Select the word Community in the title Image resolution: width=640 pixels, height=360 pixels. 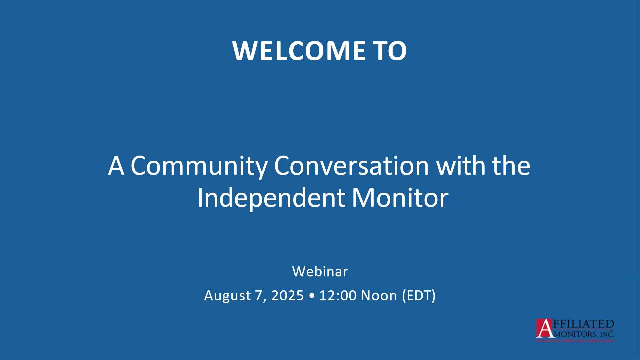[x=199, y=166]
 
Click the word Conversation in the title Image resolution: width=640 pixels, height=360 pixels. [x=351, y=166]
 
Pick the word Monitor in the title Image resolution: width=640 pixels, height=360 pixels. [x=400, y=198]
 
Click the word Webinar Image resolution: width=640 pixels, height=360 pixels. [x=320, y=272]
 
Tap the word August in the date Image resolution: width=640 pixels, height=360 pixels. [x=227, y=296]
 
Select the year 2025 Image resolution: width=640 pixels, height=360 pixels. [x=287, y=296]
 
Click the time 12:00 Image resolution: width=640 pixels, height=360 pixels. [x=338, y=296]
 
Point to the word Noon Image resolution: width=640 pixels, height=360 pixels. [x=379, y=296]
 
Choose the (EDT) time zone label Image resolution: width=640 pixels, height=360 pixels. [x=419, y=296]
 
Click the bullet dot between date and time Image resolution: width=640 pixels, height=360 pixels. [x=312, y=296]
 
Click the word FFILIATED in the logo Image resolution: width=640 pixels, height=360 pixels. [x=583, y=324]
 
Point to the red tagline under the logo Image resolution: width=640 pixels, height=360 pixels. [x=575, y=341]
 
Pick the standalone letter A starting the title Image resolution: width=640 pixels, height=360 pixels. [x=116, y=166]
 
